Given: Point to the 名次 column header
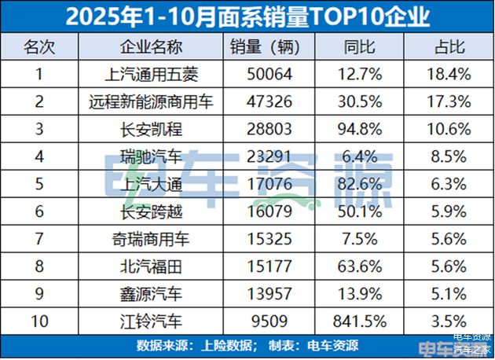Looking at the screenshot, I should point(38,47).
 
